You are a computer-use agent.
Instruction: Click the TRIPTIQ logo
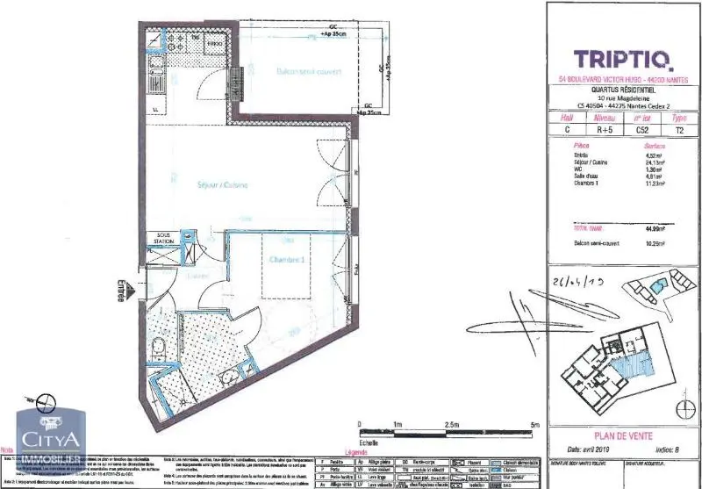(x=623, y=59)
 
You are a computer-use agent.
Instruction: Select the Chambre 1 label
(x=287, y=259)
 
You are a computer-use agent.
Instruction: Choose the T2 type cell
(x=678, y=129)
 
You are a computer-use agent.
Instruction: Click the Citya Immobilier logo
(x=50, y=442)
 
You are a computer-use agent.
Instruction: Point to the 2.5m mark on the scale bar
(x=451, y=423)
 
